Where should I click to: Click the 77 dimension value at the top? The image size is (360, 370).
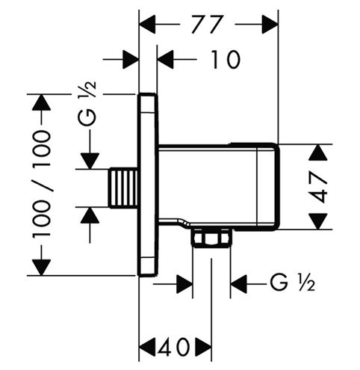pyautogui.click(x=206, y=24)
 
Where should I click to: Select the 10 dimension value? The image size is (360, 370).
pyautogui.click(x=226, y=60)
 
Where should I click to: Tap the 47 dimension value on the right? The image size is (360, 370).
pyautogui.click(x=318, y=188)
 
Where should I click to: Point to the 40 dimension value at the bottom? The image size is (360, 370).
pyautogui.click(x=173, y=347)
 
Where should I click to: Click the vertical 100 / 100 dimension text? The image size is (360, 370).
pyautogui.click(x=41, y=185)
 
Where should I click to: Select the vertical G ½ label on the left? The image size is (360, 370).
pyautogui.click(x=87, y=104)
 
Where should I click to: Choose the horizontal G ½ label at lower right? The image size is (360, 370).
pyautogui.click(x=293, y=283)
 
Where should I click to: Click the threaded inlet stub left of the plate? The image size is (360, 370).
pyautogui.click(x=123, y=188)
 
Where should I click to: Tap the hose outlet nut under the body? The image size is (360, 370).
pyautogui.click(x=212, y=238)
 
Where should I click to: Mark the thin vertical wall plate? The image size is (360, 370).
pyautogui.click(x=148, y=185)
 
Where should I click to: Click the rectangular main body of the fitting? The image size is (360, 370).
pyautogui.click(x=218, y=187)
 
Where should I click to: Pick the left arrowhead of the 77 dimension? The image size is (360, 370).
pyautogui.click(x=147, y=24)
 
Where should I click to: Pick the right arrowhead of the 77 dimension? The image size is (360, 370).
pyautogui.click(x=270, y=24)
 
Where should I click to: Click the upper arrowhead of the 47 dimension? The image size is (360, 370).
pyautogui.click(x=318, y=152)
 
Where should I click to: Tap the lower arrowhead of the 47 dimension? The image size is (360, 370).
pyautogui.click(x=318, y=221)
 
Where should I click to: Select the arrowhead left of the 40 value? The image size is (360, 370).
pyautogui.click(x=147, y=347)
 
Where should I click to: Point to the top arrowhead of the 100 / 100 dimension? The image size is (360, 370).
pyautogui.click(x=41, y=102)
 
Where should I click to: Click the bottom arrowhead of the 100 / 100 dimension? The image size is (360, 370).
pyautogui.click(x=41, y=268)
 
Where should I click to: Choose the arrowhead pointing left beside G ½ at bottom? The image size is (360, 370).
pyautogui.click(x=239, y=284)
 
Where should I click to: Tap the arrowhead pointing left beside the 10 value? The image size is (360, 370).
pyautogui.click(x=166, y=60)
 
